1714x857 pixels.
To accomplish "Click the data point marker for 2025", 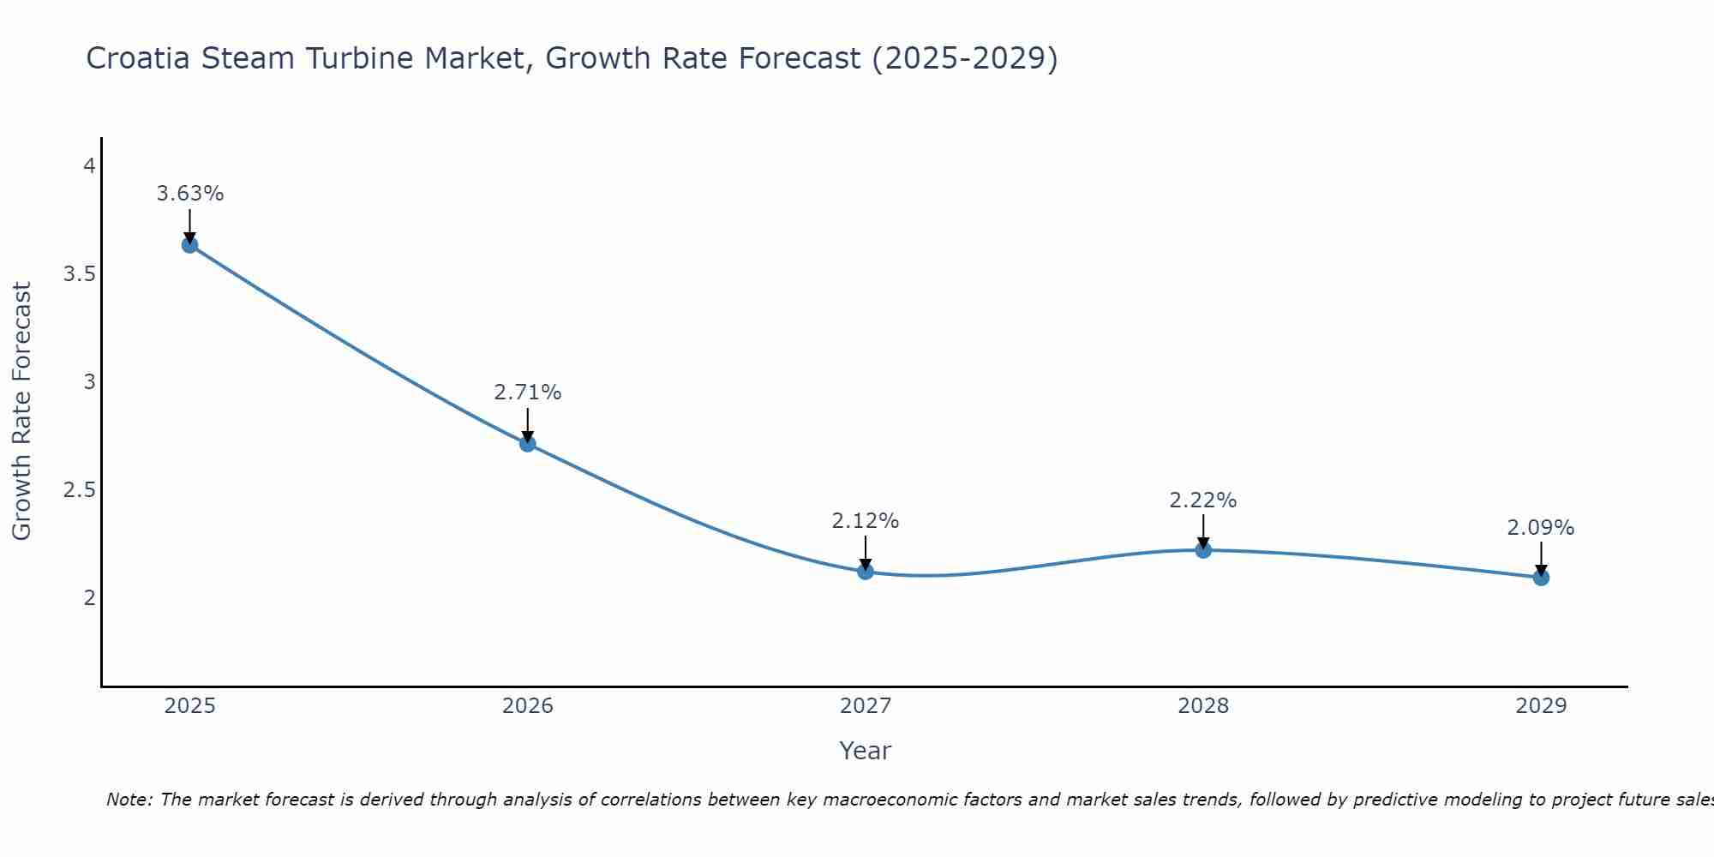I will click(x=189, y=245).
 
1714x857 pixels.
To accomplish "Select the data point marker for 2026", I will click(x=528, y=444).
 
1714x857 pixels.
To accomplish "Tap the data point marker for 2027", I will click(x=866, y=572).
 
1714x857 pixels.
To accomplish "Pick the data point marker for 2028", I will click(x=1203, y=550).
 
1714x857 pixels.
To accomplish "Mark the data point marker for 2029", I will click(x=1541, y=578).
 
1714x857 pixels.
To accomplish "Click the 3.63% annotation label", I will click(x=189, y=194).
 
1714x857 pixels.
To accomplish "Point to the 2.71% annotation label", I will click(x=528, y=393).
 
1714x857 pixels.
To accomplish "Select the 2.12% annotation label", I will click(x=866, y=520).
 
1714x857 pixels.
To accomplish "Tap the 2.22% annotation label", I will click(x=1203, y=500).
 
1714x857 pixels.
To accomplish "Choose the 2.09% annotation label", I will click(x=1541, y=528).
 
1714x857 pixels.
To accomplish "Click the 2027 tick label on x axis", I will click(x=866, y=706).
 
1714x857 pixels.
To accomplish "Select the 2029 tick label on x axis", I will click(x=1541, y=706).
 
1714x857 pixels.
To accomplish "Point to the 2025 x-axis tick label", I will click(x=189, y=706).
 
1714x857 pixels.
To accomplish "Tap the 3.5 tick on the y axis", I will click(x=78, y=274).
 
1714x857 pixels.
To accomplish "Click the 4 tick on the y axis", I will click(x=89, y=166).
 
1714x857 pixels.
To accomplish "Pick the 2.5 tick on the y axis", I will click(x=78, y=490).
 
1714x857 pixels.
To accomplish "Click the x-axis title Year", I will click(x=866, y=751).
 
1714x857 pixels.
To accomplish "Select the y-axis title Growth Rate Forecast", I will click(x=21, y=411).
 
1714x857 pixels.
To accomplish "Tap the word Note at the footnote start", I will click(x=129, y=800).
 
